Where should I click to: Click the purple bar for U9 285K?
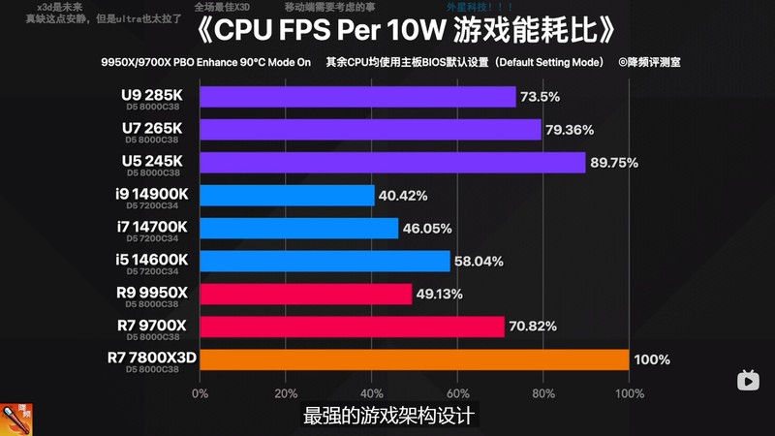[x=357, y=97]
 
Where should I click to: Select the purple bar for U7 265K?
[x=370, y=130]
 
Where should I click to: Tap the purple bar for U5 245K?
[x=392, y=163]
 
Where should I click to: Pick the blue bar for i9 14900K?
[x=287, y=196]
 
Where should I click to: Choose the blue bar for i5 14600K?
[x=325, y=261]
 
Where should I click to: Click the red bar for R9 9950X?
[x=305, y=294]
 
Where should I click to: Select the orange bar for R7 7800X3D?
[x=414, y=359]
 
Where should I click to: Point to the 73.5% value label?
[x=541, y=97]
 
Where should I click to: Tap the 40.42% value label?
[x=403, y=196]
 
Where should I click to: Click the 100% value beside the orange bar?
[x=651, y=359]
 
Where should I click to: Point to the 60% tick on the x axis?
[x=457, y=394]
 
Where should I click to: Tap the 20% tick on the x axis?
[x=286, y=394]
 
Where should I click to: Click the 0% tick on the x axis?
[x=200, y=394]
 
